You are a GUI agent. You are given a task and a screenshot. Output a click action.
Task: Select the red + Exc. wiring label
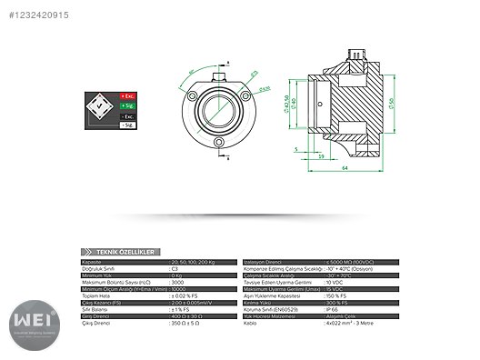point(128,95)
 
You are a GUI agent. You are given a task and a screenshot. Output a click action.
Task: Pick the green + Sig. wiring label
point(128,106)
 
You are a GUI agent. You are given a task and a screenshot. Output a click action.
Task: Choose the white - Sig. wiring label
point(128,125)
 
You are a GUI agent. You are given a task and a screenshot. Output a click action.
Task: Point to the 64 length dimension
point(346,167)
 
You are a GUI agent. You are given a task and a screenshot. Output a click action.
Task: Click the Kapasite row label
point(93,261)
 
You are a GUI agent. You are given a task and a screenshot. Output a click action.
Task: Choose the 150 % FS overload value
point(336,296)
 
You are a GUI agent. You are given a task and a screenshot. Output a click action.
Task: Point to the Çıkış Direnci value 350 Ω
point(185,324)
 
